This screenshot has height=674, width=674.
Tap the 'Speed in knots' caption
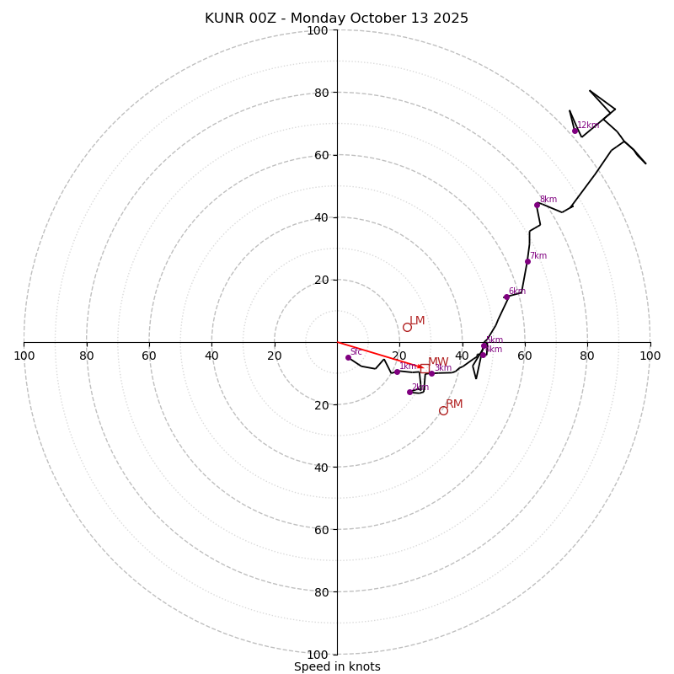337,666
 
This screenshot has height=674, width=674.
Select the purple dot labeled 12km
575,131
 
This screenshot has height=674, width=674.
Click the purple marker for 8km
537,205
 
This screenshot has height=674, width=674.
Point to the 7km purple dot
527,261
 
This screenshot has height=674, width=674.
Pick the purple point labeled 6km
506,297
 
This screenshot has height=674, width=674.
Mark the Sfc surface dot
348,357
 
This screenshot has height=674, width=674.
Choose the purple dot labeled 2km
409,392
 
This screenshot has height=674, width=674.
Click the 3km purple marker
431,373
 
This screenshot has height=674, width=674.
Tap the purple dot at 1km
397,372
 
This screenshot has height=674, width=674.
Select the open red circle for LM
407,328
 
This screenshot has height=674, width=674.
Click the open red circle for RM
443,410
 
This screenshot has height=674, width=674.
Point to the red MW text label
438,362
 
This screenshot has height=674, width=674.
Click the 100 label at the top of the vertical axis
318,30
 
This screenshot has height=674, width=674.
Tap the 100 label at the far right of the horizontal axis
650,356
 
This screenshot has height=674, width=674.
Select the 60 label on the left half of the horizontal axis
149,356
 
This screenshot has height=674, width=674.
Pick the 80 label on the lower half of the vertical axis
321,591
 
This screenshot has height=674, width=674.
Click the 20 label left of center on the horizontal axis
275,356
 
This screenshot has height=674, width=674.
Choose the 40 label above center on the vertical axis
321,217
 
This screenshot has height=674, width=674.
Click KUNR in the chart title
223,19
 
